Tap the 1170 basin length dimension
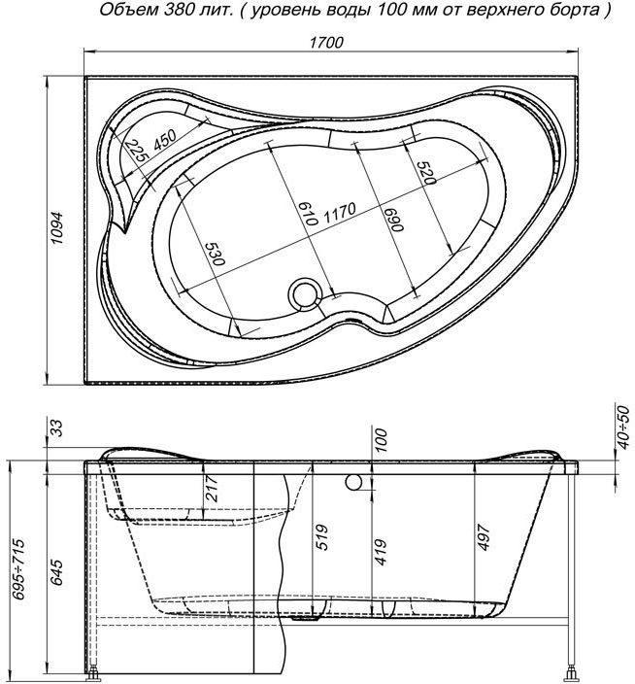click(x=339, y=211)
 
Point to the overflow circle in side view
click(x=354, y=481)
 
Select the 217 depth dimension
click(x=212, y=489)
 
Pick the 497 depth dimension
click(x=483, y=537)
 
